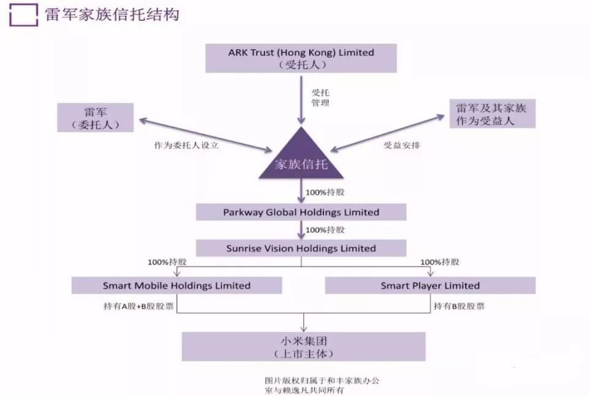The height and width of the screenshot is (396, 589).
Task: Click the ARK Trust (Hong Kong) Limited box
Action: (x=301, y=58)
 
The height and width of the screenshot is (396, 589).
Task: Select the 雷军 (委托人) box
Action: (x=94, y=117)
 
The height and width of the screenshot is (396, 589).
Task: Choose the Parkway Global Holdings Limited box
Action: (x=301, y=212)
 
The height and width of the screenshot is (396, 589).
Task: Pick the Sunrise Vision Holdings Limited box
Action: (x=301, y=248)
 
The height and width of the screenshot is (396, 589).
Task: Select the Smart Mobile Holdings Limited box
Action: (x=177, y=285)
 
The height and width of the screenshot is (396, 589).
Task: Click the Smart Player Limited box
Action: (x=430, y=285)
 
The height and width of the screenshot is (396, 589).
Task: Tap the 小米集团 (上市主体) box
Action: (x=304, y=346)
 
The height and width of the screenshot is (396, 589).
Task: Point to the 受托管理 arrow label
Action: (x=320, y=98)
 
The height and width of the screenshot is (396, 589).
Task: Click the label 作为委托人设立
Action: (x=187, y=146)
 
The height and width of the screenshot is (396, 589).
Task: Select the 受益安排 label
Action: (x=402, y=146)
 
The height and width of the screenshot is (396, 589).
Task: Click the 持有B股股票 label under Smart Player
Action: (x=459, y=306)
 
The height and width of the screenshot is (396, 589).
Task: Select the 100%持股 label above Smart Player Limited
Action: (x=440, y=262)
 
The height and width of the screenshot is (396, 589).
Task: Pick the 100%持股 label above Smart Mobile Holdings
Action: (x=167, y=262)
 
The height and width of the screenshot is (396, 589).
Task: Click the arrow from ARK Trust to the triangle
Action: (x=301, y=98)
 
